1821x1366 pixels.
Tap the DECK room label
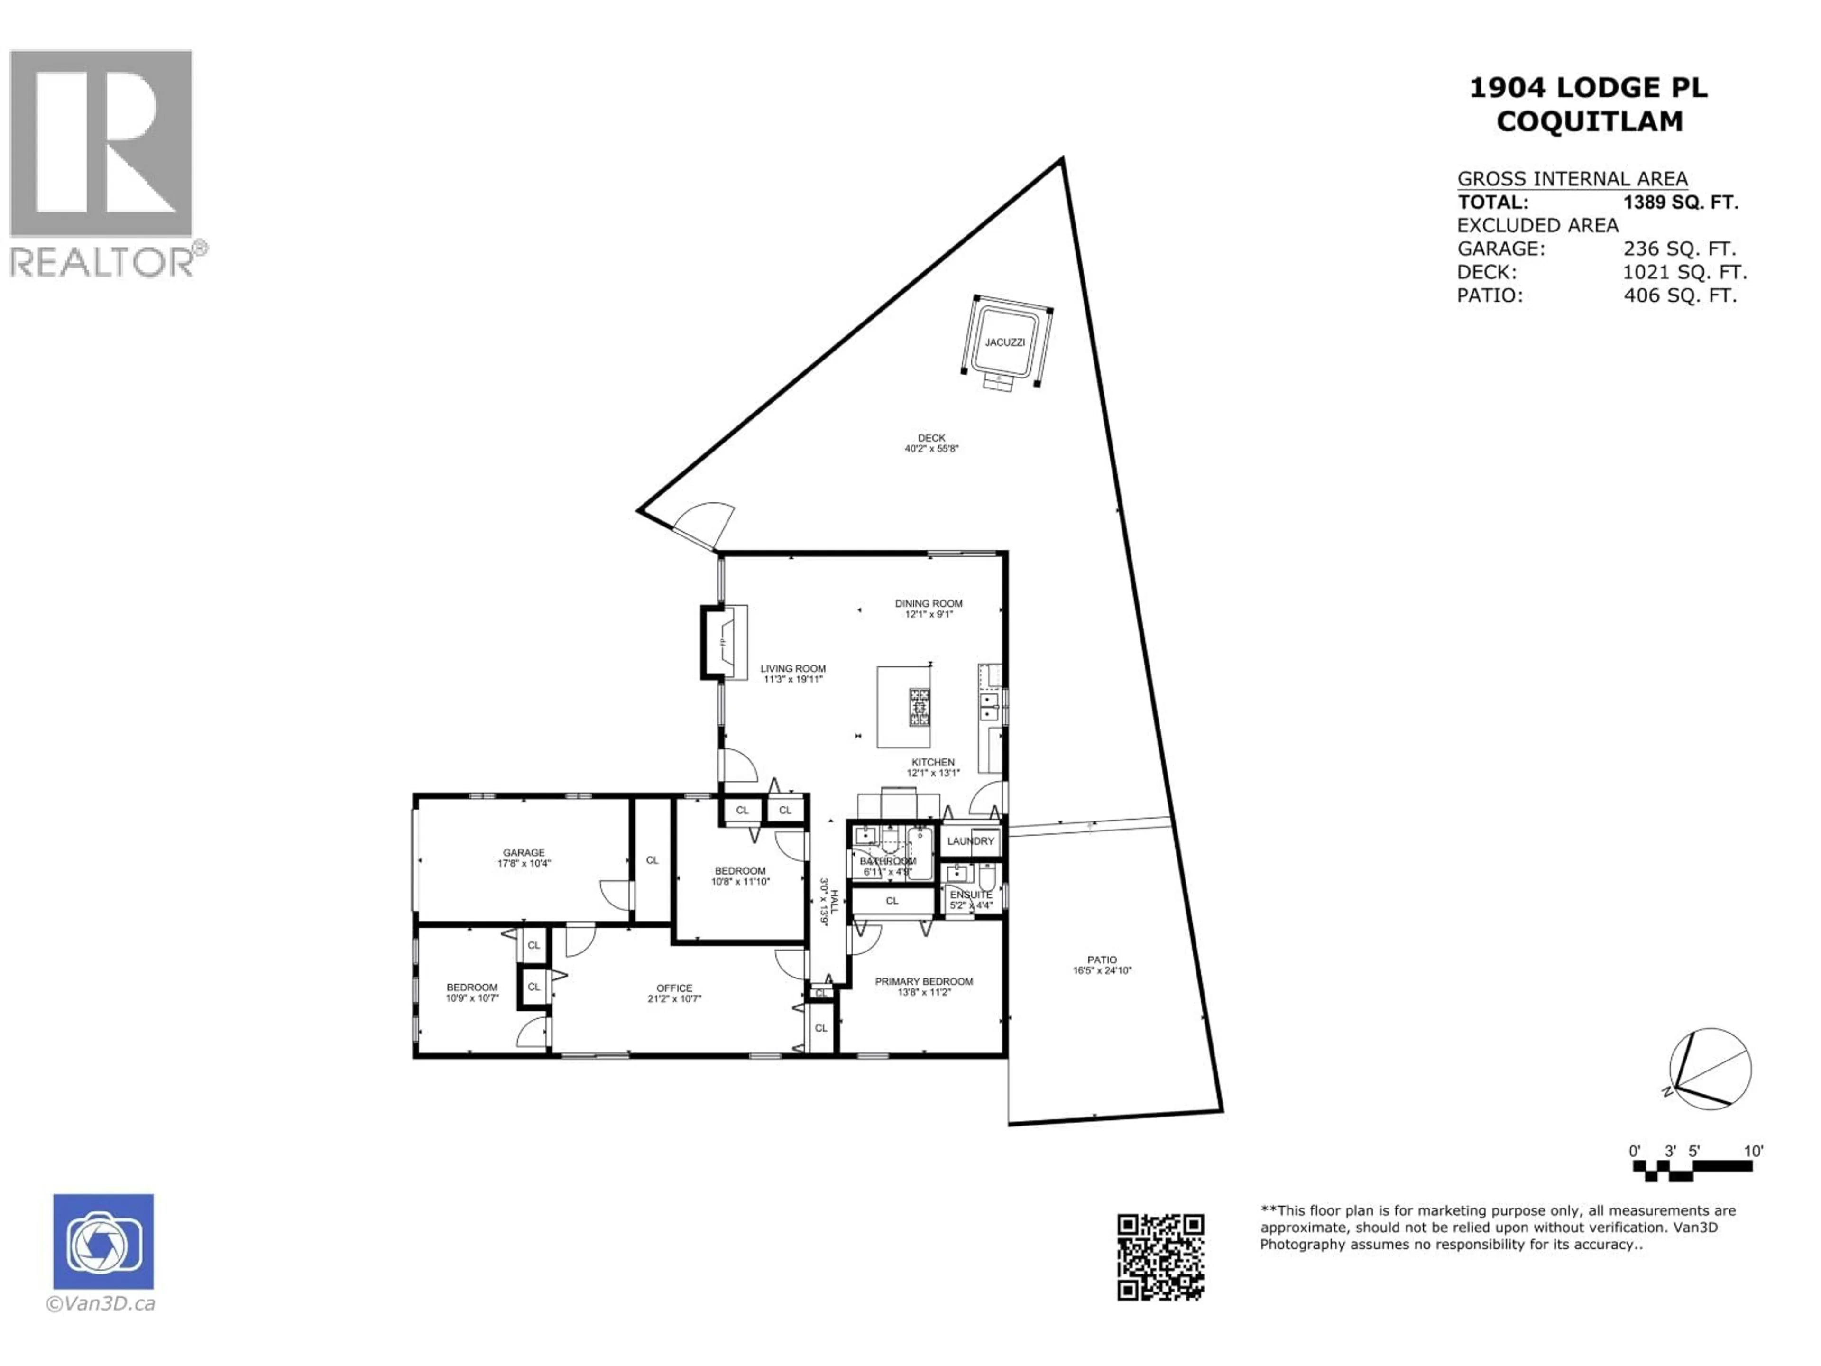[931, 438]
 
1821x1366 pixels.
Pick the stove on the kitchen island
[919, 707]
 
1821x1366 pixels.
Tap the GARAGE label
[524, 852]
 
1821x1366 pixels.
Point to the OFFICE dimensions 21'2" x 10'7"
[674, 999]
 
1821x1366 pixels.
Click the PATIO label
[1102, 959]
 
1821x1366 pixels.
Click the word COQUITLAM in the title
[1589, 122]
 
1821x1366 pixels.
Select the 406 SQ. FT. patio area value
[1679, 295]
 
